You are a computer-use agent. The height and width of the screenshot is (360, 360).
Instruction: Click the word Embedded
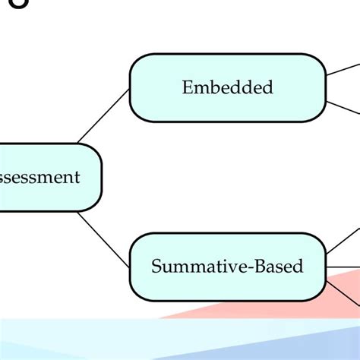(x=227, y=87)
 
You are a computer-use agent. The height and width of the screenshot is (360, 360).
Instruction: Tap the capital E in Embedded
(x=187, y=87)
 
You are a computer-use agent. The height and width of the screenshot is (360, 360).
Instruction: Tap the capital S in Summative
(x=156, y=267)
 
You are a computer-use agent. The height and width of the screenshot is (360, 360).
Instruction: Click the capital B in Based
(x=258, y=267)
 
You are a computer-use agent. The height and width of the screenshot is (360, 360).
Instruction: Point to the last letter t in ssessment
(x=76, y=178)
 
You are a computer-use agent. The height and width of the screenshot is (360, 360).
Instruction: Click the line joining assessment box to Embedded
(x=103, y=116)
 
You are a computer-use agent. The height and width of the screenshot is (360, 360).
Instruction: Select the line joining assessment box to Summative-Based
(x=103, y=240)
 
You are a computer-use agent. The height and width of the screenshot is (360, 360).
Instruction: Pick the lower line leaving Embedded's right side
(x=343, y=107)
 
